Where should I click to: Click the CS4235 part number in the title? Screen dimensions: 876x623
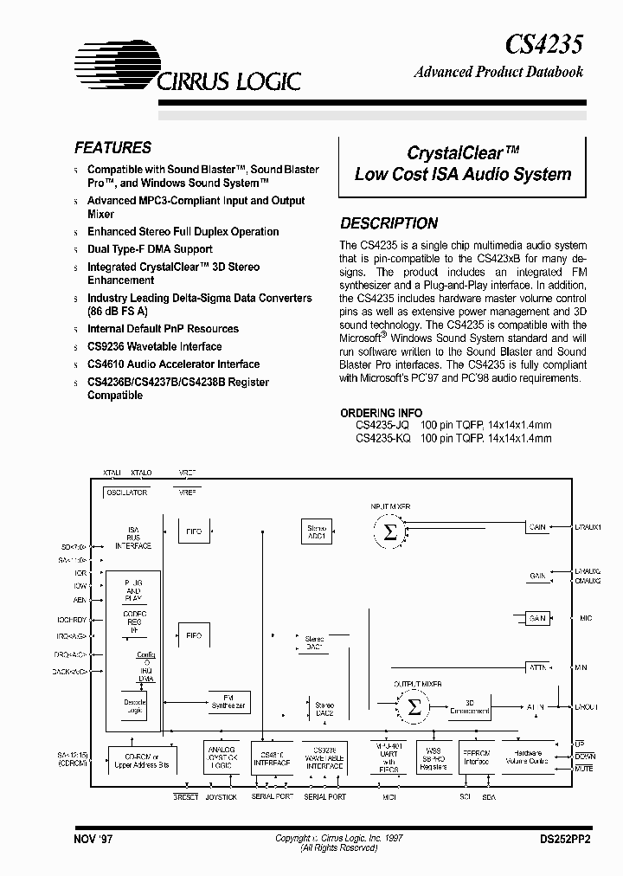coord(543,43)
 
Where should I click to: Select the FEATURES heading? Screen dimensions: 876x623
coord(112,148)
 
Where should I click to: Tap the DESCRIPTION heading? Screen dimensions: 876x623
coord(389,222)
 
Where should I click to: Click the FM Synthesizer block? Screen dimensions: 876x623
coord(228,702)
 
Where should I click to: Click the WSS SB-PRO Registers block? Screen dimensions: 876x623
coord(433,758)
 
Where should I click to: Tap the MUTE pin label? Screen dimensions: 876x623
coord(585,768)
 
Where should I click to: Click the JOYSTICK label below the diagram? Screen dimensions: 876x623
coord(221,796)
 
